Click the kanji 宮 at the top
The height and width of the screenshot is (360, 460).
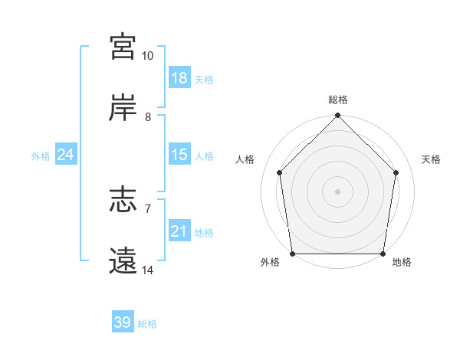tap(123, 47)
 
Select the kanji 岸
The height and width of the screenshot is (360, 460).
tap(123, 108)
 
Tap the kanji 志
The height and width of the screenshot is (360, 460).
tap(123, 201)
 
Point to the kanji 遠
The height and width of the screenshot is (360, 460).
tap(123, 262)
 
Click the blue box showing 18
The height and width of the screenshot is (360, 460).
tap(179, 78)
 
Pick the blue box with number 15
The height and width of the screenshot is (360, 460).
tap(179, 155)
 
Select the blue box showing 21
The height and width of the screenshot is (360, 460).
tap(179, 231)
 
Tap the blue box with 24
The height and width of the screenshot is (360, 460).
tap(65, 155)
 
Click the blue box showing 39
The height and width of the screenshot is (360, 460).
tap(122, 322)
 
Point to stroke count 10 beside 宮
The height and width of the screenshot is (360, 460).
tap(147, 56)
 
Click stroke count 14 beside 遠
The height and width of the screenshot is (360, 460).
tap(147, 270)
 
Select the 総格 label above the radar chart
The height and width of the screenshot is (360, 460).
tap(338, 100)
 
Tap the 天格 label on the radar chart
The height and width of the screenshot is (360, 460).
tap(431, 159)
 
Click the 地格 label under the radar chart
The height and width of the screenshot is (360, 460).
tap(401, 262)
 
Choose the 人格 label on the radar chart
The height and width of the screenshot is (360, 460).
tap(245, 159)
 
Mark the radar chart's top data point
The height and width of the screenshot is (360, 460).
tap(338, 116)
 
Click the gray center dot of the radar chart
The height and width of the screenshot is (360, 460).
tap(338, 191)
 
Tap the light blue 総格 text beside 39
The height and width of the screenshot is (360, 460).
tap(147, 323)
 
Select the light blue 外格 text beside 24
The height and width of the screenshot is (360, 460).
tap(41, 155)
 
